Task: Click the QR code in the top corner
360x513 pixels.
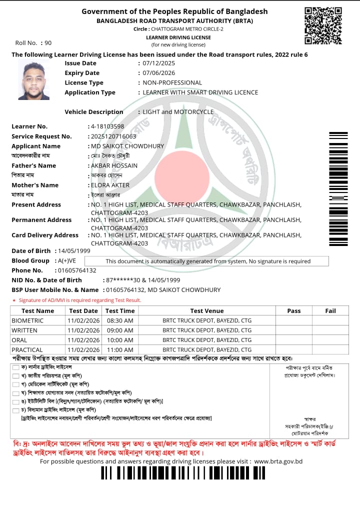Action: click(x=323, y=25)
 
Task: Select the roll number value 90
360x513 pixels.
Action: click(x=48, y=43)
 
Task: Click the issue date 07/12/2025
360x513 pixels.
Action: click(x=159, y=63)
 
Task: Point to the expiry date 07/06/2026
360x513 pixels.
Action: click(x=159, y=73)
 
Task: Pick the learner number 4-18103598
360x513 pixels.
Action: click(x=107, y=126)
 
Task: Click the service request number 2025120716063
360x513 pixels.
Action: click(x=113, y=136)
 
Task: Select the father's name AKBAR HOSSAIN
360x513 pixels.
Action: click(x=114, y=165)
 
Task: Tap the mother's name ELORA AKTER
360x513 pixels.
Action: click(x=110, y=185)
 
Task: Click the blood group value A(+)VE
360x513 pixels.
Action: click(x=67, y=261)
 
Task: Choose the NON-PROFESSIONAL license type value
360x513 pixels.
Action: click(x=172, y=82)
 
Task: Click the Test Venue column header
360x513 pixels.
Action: click(x=207, y=311)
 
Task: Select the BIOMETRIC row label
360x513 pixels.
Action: click(x=27, y=320)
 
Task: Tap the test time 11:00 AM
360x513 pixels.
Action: click(x=120, y=350)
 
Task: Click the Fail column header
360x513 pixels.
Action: click(x=330, y=311)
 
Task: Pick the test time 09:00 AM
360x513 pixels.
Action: click(x=120, y=330)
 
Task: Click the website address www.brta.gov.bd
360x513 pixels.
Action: click(x=278, y=461)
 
